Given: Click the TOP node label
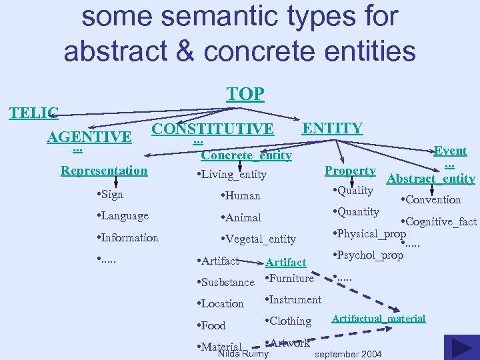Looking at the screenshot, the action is click(245, 94).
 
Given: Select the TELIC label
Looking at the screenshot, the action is click(34, 113).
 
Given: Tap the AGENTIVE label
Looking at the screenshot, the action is click(89, 137).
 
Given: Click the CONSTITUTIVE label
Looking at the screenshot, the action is click(213, 129).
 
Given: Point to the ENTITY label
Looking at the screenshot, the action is click(333, 129).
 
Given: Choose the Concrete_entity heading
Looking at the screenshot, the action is click(247, 155).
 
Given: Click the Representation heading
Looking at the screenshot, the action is click(104, 170).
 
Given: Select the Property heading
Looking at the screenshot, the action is click(350, 171).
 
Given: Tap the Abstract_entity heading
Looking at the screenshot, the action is click(431, 179).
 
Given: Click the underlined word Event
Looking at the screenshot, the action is click(450, 151).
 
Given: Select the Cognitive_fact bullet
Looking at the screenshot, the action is click(440, 221).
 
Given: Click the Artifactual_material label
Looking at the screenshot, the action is click(378, 318).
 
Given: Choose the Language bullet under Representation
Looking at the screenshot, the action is click(125, 216).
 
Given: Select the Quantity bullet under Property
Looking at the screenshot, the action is click(357, 212).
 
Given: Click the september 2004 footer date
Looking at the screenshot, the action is click(347, 353).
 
